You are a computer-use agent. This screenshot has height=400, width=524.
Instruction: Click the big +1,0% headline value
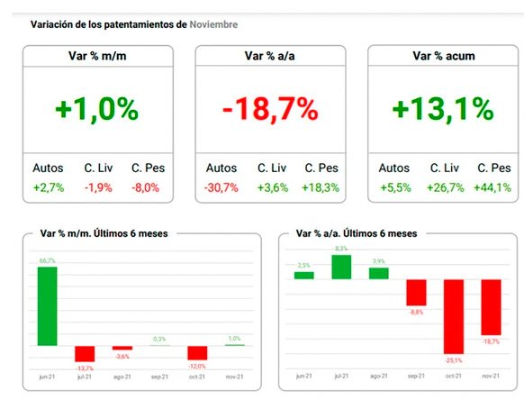[x=96, y=110]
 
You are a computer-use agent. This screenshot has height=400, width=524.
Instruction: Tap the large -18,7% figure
[x=270, y=110]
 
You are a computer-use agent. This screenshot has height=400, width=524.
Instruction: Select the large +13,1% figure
[x=444, y=110]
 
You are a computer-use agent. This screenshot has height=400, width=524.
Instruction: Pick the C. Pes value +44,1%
[x=492, y=187]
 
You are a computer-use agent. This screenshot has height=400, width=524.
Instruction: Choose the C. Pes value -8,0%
[x=146, y=187]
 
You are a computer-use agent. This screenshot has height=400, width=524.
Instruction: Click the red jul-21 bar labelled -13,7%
[x=86, y=353]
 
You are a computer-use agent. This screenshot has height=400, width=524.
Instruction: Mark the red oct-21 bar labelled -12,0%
[x=197, y=352]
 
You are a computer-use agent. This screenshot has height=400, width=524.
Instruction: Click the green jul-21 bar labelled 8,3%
[x=341, y=267]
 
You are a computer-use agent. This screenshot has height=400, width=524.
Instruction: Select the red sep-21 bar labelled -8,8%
[x=415, y=292]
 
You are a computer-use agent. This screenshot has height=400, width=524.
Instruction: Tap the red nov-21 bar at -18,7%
[x=490, y=306]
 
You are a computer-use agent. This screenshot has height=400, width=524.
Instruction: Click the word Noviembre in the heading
[x=213, y=24]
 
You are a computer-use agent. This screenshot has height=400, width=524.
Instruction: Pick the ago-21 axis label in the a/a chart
[x=378, y=376]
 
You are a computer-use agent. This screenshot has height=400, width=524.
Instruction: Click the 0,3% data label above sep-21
[x=160, y=339]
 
